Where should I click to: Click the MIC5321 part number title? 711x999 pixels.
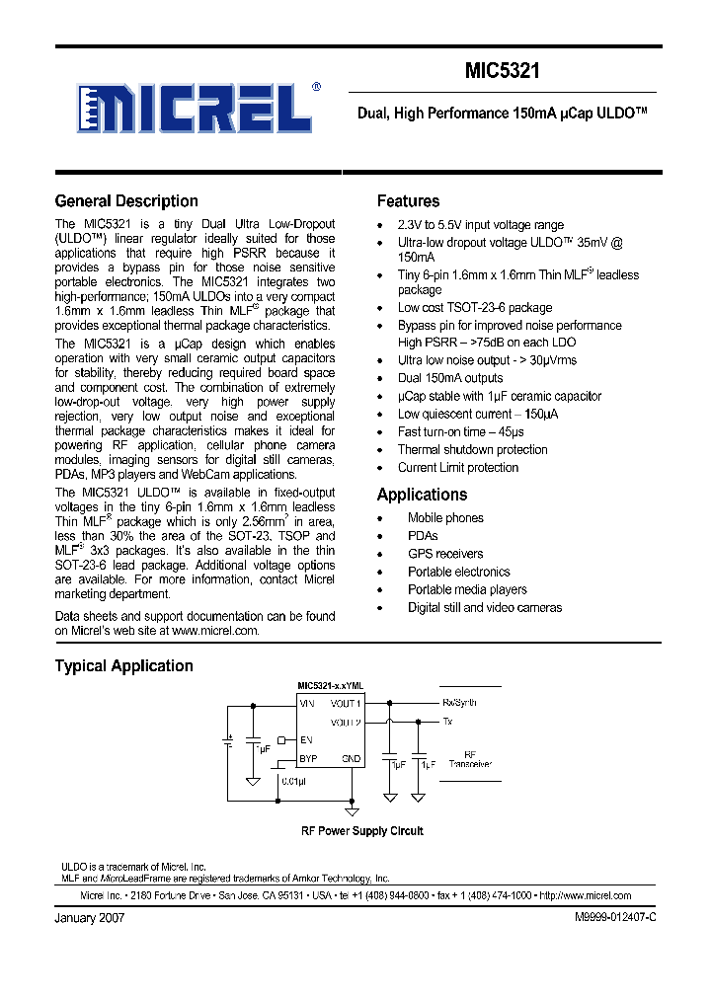pos(502,72)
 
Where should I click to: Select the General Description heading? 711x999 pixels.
pos(126,201)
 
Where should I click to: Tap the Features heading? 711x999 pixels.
pos(408,201)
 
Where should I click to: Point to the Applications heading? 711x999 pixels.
pos(422,495)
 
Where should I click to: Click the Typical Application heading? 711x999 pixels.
pos(123,666)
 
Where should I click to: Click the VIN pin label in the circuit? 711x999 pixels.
pos(307,703)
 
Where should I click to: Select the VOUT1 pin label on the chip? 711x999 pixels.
pos(346,703)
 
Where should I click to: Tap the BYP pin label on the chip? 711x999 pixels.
pos(309,758)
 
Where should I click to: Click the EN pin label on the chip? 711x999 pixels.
pos(306,739)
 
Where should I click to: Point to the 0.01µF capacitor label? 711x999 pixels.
pos(293,781)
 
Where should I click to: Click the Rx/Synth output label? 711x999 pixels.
pos(459,703)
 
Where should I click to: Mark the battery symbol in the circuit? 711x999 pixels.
pos(229,740)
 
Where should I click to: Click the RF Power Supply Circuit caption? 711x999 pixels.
pos(361,831)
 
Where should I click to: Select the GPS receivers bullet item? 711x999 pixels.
pos(445,554)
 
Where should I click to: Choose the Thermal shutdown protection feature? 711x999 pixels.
pos(472,449)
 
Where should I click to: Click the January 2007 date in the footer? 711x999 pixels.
pos(89,917)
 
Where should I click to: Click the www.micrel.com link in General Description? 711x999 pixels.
pos(215,630)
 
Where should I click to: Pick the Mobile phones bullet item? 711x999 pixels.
pos(445,518)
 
